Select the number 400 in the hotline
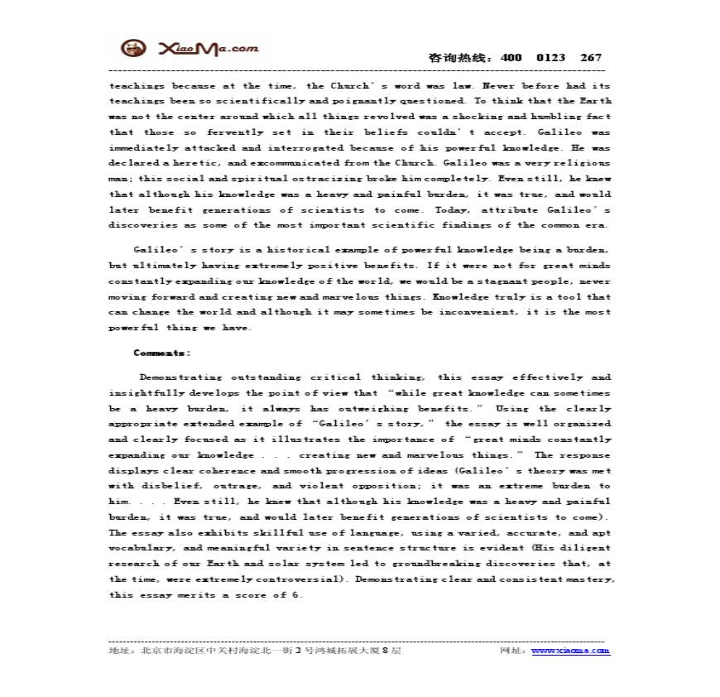coord(511,58)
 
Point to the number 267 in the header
coord(591,58)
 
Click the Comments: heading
coord(162,353)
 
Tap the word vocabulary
coord(141,548)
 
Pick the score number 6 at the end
coord(300,595)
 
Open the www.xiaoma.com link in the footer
coord(570,651)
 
